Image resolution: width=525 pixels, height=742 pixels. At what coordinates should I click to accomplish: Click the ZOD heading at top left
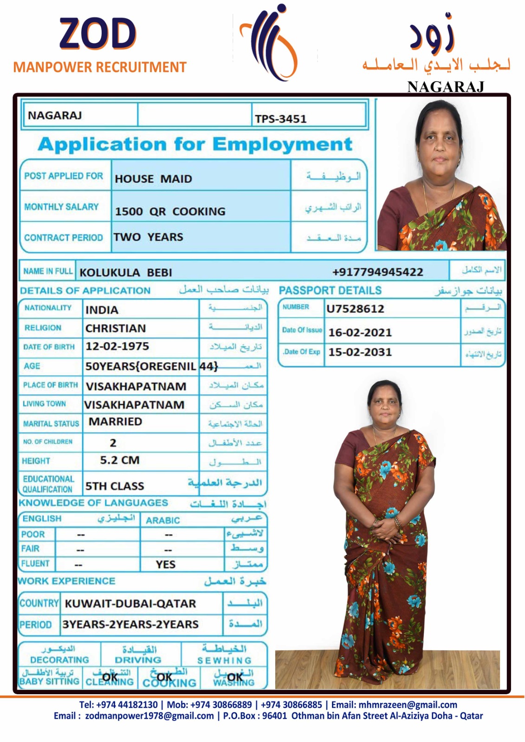click(97, 34)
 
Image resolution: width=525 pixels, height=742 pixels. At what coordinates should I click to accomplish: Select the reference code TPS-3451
click(280, 119)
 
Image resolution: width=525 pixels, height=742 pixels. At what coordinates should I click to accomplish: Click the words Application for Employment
click(195, 144)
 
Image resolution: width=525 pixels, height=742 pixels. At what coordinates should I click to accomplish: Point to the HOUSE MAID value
click(153, 179)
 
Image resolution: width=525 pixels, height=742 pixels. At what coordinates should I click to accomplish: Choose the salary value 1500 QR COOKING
click(170, 211)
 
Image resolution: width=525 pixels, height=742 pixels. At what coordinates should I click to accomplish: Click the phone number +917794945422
click(377, 272)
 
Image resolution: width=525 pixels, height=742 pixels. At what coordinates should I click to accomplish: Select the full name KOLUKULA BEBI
click(125, 272)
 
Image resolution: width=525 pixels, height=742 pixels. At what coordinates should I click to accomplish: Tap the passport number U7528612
click(355, 308)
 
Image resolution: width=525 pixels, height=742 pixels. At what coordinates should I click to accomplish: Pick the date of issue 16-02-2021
click(360, 332)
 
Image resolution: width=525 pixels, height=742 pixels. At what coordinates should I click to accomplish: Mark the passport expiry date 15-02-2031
click(360, 352)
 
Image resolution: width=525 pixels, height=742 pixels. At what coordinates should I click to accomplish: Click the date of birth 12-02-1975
click(117, 346)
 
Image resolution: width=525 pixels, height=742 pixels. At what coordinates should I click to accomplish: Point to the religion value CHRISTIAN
click(116, 328)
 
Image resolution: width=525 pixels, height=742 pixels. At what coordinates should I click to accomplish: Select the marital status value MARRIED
click(115, 422)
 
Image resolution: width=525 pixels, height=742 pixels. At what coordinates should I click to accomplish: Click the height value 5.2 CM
click(119, 460)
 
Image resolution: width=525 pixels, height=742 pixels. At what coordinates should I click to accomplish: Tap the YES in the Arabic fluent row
click(166, 564)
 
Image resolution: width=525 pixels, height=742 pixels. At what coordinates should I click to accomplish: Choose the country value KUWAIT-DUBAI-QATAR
click(130, 603)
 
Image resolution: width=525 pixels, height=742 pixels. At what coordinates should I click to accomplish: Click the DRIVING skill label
click(138, 659)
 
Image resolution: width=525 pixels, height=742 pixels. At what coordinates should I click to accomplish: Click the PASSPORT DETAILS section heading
click(330, 290)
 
